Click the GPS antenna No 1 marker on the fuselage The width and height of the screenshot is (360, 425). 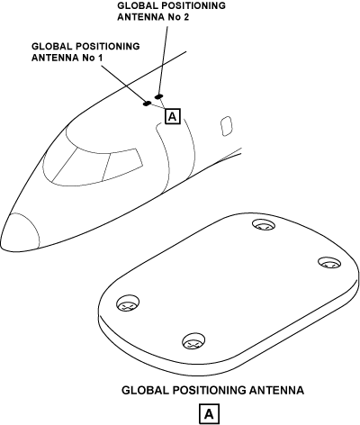tap(147, 104)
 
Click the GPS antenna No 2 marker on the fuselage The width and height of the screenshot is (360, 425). tap(158, 96)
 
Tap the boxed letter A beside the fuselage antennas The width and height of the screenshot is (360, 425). tap(173, 116)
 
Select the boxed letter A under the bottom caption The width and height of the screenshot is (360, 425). tap(209, 414)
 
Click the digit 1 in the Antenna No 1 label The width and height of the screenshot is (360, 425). tap(100, 58)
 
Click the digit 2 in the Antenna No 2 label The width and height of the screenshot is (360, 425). tap(186, 17)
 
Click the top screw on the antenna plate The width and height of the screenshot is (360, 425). tap(263, 225)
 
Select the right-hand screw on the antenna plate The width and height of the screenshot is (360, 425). tap(329, 263)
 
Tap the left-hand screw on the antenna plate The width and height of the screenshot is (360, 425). tap(128, 303)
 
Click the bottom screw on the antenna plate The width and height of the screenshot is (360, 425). tap(194, 341)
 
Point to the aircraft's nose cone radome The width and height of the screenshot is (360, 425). tap(20, 232)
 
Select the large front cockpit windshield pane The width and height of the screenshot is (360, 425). tap(77, 167)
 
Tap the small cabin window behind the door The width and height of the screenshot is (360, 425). tap(227, 126)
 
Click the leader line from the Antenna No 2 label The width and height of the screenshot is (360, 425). tap(163, 60)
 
